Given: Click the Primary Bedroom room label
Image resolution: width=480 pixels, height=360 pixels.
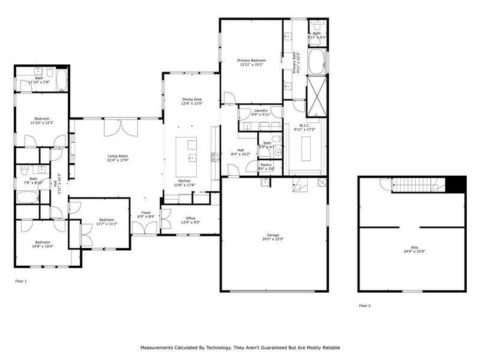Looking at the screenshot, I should pyautogui.click(x=251, y=61).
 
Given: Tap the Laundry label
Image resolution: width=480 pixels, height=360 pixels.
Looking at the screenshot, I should pyautogui.click(x=260, y=110).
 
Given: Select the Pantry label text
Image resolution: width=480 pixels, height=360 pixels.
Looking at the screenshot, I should pyautogui.click(x=267, y=165).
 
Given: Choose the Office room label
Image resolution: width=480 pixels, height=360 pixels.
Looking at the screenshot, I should pyautogui.click(x=190, y=218).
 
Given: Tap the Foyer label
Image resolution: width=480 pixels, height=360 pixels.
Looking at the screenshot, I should pyautogui.click(x=146, y=212).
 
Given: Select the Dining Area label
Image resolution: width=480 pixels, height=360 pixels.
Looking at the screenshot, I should pyautogui.click(x=191, y=99).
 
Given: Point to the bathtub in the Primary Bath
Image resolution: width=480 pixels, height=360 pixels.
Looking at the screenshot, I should pyautogui.click(x=316, y=61).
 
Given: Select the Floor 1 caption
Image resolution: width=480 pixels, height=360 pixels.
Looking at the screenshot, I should pyautogui.click(x=20, y=280).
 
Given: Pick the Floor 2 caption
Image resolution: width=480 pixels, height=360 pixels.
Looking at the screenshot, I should pyautogui.click(x=365, y=305).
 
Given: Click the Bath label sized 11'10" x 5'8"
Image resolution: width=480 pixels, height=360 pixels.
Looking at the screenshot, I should pyautogui.click(x=39, y=78).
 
